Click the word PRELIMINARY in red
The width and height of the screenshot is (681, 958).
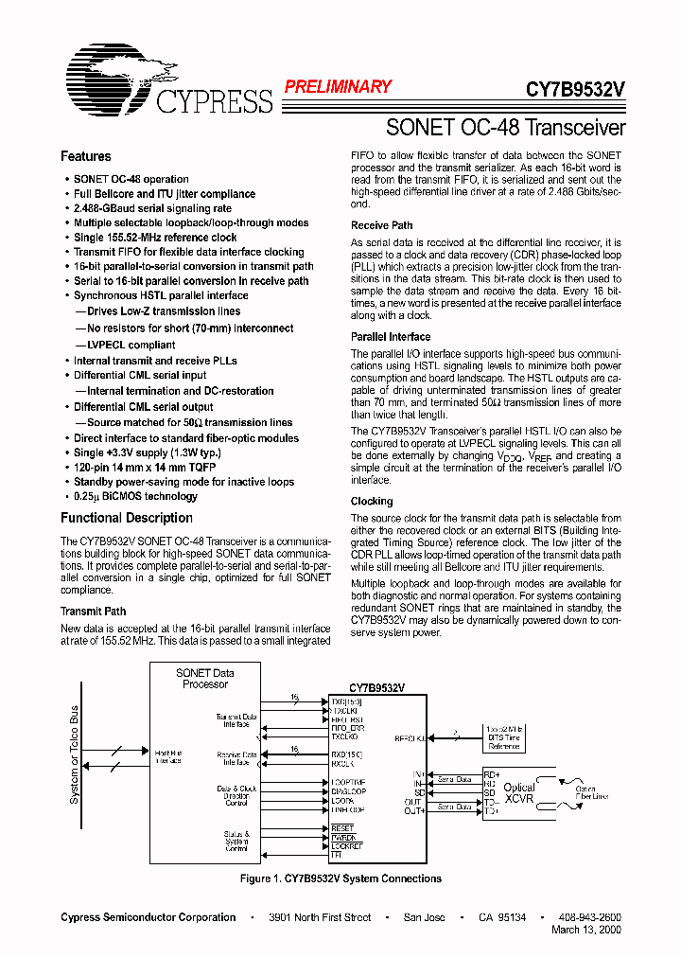pyautogui.click(x=338, y=87)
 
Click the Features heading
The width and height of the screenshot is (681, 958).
pyautogui.click(x=85, y=156)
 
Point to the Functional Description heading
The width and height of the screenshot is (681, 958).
pyautogui.click(x=126, y=518)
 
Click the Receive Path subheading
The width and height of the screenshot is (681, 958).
pyautogui.click(x=381, y=225)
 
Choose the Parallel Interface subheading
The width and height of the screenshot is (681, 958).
pyautogui.click(x=390, y=336)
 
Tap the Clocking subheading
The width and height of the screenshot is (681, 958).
pyautogui.click(x=372, y=501)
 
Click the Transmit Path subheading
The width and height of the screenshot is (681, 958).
pyautogui.click(x=93, y=612)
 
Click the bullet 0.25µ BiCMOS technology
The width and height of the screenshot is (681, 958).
pyautogui.click(x=135, y=496)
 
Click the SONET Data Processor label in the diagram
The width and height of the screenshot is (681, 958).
pyautogui.click(x=205, y=678)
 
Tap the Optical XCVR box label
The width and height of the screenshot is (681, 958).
pyautogui.click(x=518, y=793)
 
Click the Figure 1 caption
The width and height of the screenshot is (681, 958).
pyautogui.click(x=340, y=878)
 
